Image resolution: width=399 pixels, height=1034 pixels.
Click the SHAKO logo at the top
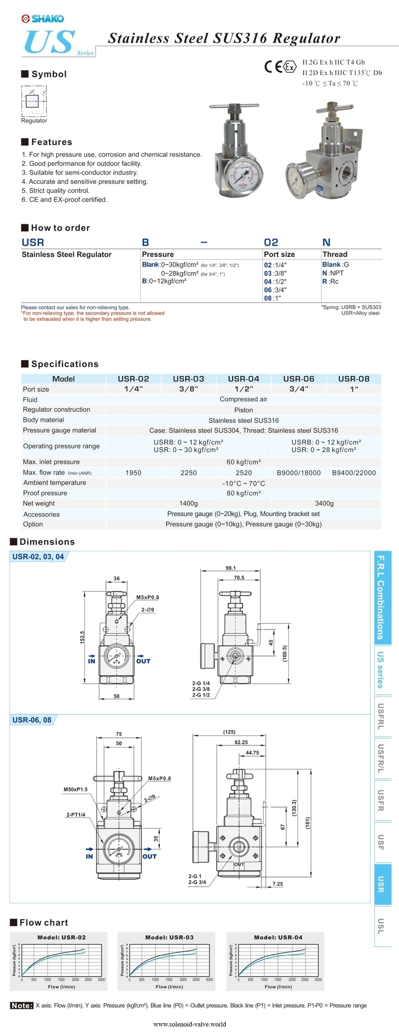coord(43,19)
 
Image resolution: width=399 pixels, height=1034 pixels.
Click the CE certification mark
coord(273,67)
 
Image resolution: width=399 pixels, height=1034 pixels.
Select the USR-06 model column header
coord(298,379)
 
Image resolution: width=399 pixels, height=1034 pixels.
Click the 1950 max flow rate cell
coord(133,473)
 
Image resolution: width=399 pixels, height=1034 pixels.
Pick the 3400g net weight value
coord(324,503)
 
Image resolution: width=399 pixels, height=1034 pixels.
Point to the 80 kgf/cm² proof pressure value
coord(244,493)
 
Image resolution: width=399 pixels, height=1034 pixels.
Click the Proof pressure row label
coord(45,493)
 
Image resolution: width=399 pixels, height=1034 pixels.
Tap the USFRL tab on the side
coord(381,716)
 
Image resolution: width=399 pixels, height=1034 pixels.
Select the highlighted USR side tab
coord(381,884)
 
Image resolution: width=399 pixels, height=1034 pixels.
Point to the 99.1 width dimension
coord(231,568)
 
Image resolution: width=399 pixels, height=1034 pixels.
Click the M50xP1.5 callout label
coord(75,789)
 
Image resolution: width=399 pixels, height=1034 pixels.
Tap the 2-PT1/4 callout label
coord(75,814)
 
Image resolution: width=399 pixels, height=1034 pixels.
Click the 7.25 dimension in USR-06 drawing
coord(277,884)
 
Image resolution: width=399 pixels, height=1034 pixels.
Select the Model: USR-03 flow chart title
coord(169,937)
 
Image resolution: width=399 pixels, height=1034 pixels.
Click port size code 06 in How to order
coord(268,290)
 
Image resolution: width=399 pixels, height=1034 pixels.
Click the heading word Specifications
coord(65,364)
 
